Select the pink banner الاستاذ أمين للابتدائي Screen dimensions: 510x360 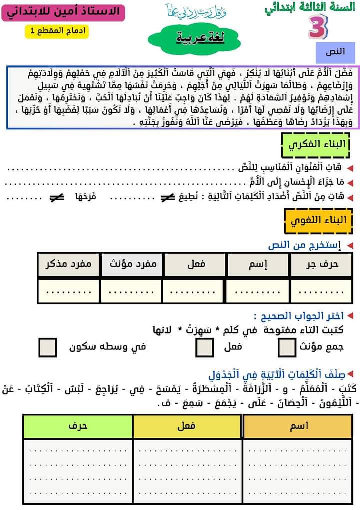(x=63, y=11)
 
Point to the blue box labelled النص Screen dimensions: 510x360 (x=335, y=52)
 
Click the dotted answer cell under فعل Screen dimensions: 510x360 (x=195, y=291)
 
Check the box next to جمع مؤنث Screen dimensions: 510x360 (x=287, y=347)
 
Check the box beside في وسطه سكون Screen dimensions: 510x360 (x=48, y=347)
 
